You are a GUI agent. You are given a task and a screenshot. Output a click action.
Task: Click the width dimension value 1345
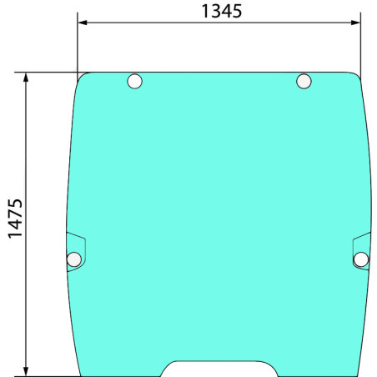pyautogui.click(x=222, y=12)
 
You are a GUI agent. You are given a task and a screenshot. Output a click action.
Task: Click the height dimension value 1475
pyautogui.click(x=15, y=219)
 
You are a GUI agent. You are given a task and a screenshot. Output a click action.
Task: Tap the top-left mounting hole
pyautogui.click(x=135, y=81)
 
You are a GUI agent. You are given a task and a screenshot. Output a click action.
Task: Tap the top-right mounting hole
pyautogui.click(x=304, y=81)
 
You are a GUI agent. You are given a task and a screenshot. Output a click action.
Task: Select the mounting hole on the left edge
pyautogui.click(x=74, y=259)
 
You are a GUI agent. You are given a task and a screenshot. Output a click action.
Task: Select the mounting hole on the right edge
pyautogui.click(x=361, y=259)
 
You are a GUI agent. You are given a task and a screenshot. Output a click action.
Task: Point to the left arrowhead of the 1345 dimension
pyautogui.click(x=83, y=23)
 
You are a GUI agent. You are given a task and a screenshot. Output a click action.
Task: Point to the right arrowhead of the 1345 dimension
pyautogui.click(x=356, y=23)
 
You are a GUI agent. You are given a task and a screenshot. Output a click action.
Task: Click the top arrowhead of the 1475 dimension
pyautogui.click(x=26, y=78)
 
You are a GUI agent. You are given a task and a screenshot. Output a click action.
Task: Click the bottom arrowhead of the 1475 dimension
pyautogui.click(x=26, y=371)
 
